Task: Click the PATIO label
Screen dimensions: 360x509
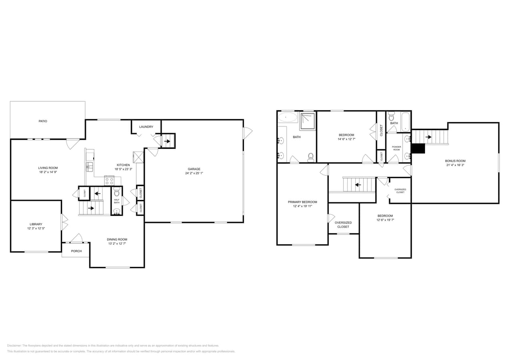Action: click(x=43, y=121)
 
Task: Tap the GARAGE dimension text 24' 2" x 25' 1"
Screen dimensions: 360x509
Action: click(x=194, y=173)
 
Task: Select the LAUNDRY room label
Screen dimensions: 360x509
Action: click(x=146, y=127)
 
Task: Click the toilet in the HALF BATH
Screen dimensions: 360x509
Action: click(x=117, y=192)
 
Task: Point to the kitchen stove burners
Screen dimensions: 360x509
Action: click(x=109, y=181)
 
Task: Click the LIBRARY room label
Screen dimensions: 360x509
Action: click(x=36, y=224)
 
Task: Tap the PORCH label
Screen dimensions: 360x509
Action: click(x=76, y=251)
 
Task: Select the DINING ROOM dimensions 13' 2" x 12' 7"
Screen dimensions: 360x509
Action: click(x=117, y=244)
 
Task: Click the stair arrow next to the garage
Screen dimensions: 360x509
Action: click(x=167, y=141)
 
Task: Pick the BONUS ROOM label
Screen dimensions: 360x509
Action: click(x=455, y=161)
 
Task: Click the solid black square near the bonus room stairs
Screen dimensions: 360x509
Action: click(x=419, y=148)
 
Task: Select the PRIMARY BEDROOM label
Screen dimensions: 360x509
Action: click(x=303, y=202)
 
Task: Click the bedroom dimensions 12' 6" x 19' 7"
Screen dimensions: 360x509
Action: click(x=385, y=220)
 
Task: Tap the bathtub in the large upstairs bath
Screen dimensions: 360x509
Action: click(x=288, y=117)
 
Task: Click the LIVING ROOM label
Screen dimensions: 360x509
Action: click(x=48, y=168)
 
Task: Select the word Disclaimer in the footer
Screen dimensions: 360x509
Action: click(x=14, y=346)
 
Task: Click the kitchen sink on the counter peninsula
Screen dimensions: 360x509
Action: click(x=89, y=166)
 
